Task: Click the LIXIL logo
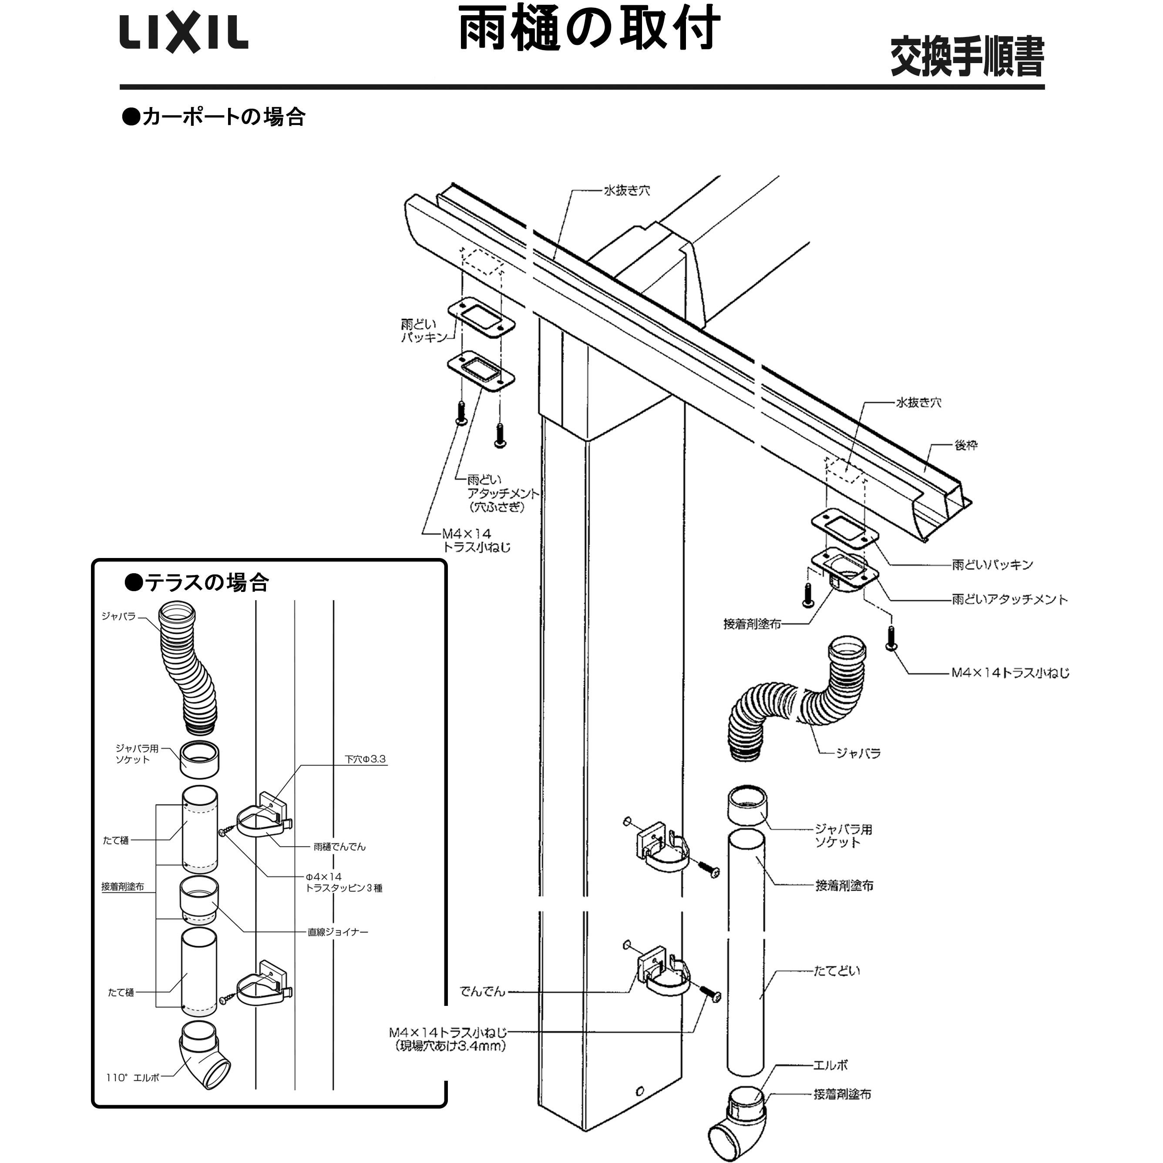click(x=184, y=34)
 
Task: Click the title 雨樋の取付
click(x=589, y=29)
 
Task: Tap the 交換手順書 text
click(x=967, y=57)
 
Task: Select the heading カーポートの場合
click(x=214, y=116)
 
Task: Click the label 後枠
click(x=965, y=445)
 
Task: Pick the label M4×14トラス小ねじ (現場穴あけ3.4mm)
click(x=448, y=1039)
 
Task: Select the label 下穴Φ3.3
click(x=365, y=760)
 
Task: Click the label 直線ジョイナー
click(x=338, y=932)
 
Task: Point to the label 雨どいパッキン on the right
click(x=992, y=565)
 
